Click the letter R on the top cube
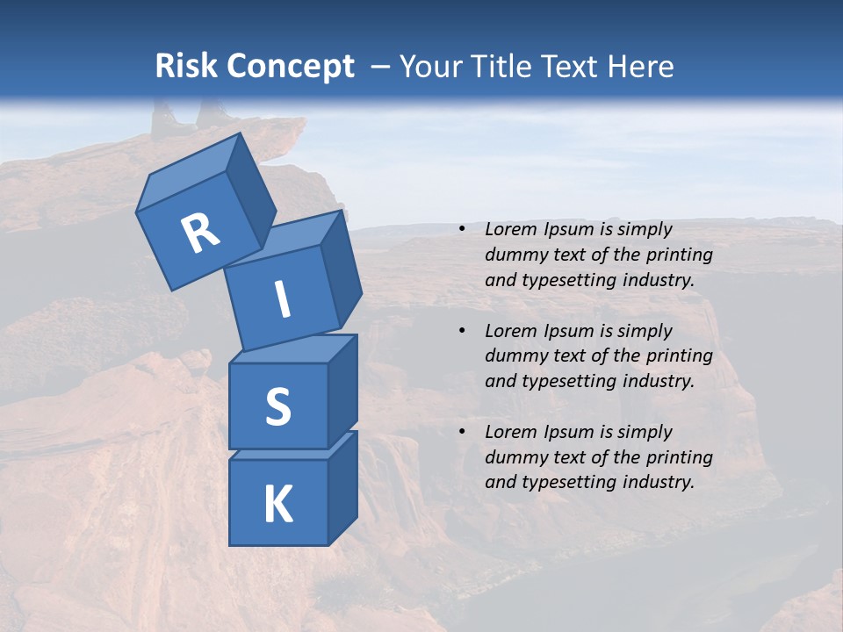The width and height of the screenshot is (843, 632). coord(200,233)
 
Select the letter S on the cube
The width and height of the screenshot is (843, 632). coord(277,406)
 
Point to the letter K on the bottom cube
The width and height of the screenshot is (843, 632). coord(277,505)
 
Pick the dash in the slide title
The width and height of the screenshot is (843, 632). coord(380,67)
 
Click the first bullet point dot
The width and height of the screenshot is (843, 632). coord(462,229)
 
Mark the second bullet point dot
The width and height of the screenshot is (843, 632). coord(462,331)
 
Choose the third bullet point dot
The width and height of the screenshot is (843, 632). coord(462,432)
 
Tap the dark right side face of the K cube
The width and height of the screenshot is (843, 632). coord(342,487)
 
